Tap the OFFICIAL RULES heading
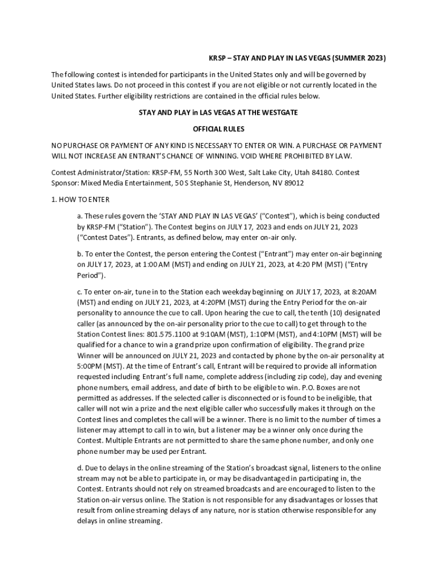coord(218,129)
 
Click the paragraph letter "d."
coord(81,468)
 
